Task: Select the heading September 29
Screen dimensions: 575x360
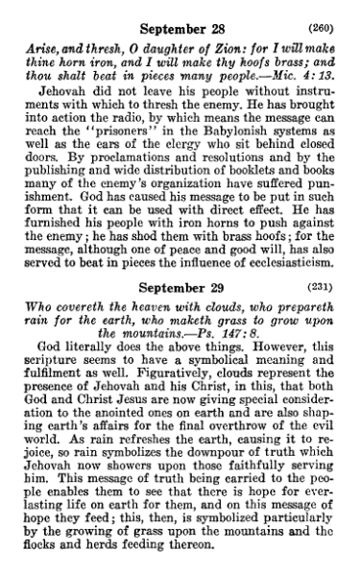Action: (x=180, y=286)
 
